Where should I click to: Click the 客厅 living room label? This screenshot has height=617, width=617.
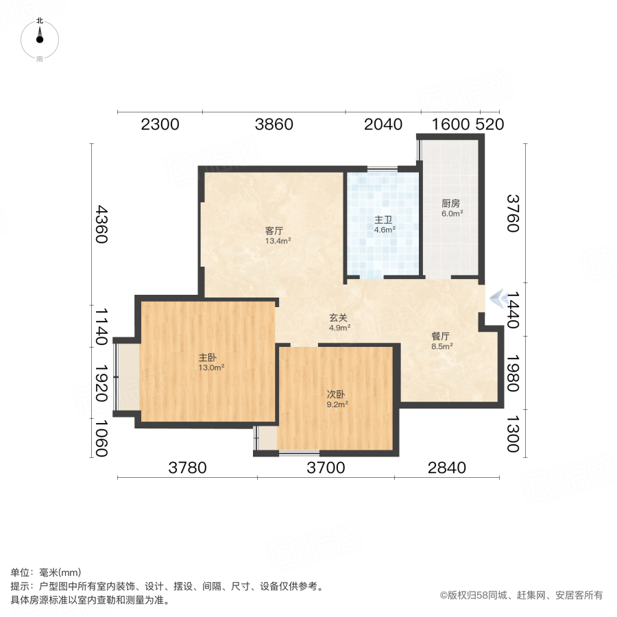click(x=274, y=230)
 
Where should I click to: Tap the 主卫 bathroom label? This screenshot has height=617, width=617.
click(x=383, y=219)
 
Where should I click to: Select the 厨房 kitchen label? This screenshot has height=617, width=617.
click(x=450, y=203)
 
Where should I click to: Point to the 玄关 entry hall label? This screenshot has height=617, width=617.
click(x=338, y=317)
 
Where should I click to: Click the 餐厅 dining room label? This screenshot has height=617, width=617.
click(x=440, y=336)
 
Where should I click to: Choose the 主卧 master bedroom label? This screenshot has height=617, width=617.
click(x=207, y=357)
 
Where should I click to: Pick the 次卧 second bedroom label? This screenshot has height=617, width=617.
click(x=336, y=394)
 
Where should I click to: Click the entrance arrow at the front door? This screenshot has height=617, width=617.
click(x=499, y=298)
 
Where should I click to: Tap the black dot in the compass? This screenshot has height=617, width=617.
click(x=39, y=39)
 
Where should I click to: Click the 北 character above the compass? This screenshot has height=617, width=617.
click(x=40, y=21)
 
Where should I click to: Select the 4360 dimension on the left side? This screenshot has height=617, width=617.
click(x=101, y=224)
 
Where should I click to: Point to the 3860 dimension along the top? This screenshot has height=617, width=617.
click(x=274, y=124)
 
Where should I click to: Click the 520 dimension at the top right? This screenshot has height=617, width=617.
click(x=490, y=124)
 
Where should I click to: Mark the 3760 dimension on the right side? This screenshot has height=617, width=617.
click(x=513, y=214)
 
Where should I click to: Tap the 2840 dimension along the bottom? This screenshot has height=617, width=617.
click(x=446, y=468)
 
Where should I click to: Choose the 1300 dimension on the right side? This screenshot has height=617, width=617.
click(x=513, y=434)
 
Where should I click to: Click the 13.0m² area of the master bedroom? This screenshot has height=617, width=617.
click(x=211, y=367)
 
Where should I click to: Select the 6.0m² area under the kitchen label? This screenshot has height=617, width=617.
click(x=452, y=213)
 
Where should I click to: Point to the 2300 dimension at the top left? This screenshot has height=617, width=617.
click(x=160, y=124)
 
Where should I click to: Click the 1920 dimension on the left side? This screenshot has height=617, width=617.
click(x=101, y=383)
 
